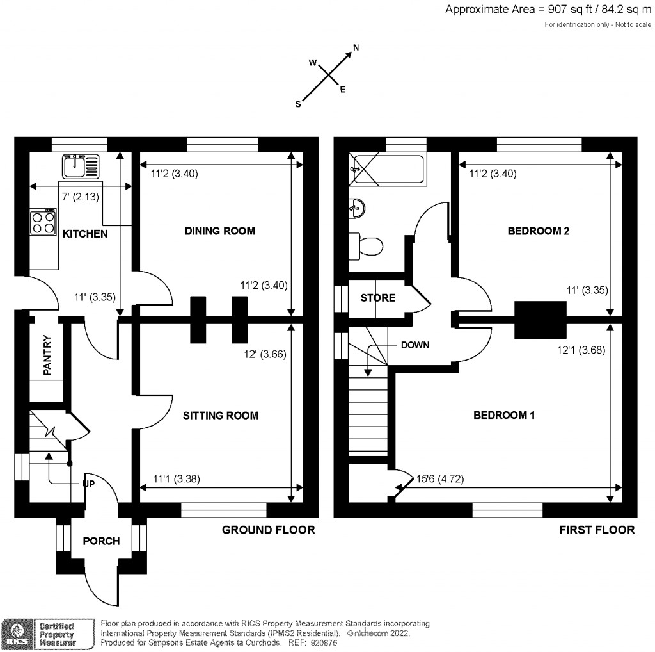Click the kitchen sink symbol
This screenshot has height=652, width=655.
pyautogui.click(x=82, y=167)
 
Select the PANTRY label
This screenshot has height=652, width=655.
pyautogui.click(x=47, y=355)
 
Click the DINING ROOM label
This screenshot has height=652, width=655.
pyautogui.click(x=219, y=231)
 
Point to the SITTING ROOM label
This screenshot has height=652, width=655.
pyautogui.click(x=221, y=416)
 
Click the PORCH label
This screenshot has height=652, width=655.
pyautogui.click(x=101, y=541)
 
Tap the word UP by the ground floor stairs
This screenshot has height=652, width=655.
pyautogui.click(x=88, y=484)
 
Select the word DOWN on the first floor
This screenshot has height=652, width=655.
pyautogui.click(x=414, y=345)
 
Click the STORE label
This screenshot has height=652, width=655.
pyautogui.click(x=378, y=298)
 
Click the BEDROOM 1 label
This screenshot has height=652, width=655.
pyautogui.click(x=503, y=416)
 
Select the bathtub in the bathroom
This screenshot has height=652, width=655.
pyautogui.click(x=386, y=170)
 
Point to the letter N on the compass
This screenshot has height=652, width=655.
pyautogui.click(x=356, y=47)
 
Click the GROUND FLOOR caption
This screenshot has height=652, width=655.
pyautogui.click(x=268, y=530)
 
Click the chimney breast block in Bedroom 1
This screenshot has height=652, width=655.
pyautogui.click(x=541, y=319)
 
